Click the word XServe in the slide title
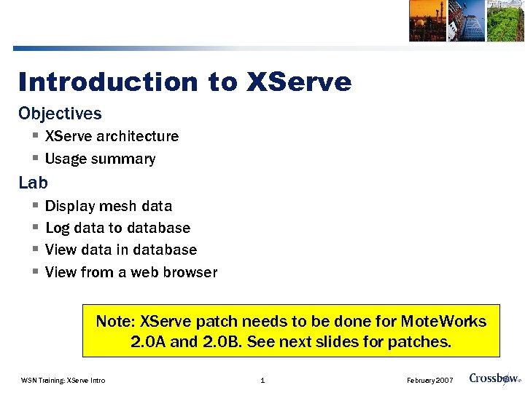299,82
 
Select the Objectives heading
60,114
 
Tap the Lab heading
33,183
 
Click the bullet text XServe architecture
112,136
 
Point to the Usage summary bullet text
100,159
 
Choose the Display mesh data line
109,206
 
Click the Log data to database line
117,228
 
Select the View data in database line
121,250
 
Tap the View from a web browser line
131,272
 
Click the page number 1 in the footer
262,380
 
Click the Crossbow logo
494,378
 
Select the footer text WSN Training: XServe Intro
63,380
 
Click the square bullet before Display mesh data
34,207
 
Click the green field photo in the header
505,20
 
